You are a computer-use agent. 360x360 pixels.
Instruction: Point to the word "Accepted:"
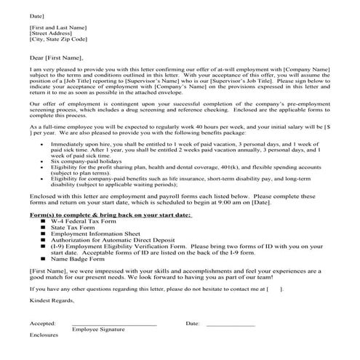coord(43,322)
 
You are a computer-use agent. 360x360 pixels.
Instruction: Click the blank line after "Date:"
coord(231,324)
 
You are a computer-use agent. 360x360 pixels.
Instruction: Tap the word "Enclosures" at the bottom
coord(44,336)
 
